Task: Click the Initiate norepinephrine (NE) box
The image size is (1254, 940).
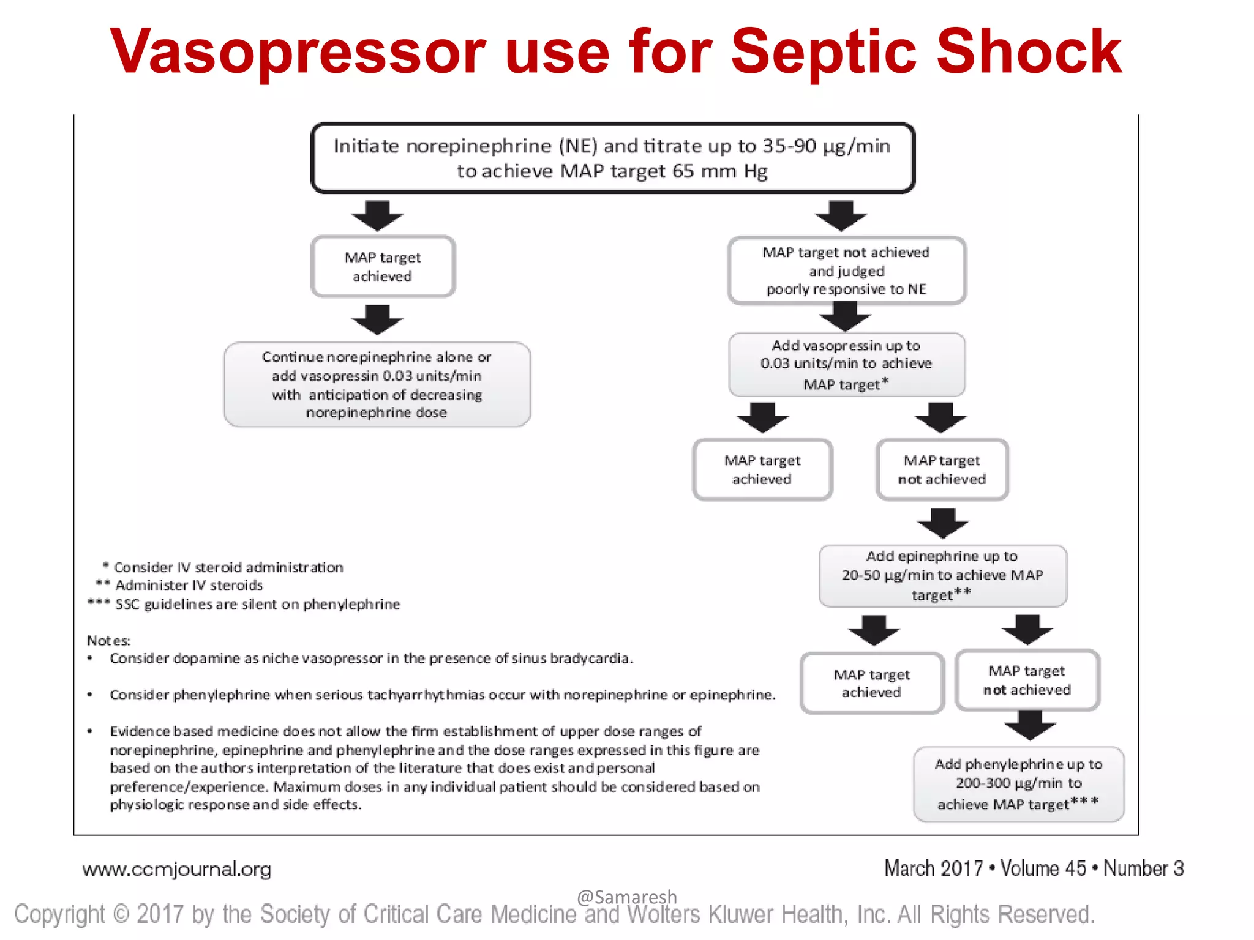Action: click(612, 158)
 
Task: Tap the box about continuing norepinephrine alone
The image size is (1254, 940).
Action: click(377, 384)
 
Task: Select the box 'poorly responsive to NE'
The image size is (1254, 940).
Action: click(846, 270)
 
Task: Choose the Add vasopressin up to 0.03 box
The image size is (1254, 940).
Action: click(846, 365)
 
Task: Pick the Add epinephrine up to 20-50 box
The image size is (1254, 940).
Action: click(942, 575)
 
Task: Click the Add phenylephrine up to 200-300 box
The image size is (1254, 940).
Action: click(1018, 784)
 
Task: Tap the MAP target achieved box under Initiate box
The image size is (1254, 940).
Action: click(383, 266)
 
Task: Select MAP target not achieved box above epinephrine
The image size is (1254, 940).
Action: click(942, 469)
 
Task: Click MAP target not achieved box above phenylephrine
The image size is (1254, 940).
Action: click(1027, 680)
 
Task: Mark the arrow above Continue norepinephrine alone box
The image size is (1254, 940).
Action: click(377, 319)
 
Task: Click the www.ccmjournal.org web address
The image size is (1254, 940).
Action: click(177, 869)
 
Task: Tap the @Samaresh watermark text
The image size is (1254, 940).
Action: click(626, 897)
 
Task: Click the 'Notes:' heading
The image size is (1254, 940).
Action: click(108, 641)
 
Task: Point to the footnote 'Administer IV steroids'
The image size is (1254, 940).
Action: click(189, 585)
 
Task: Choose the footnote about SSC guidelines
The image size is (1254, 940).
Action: click(257, 604)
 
